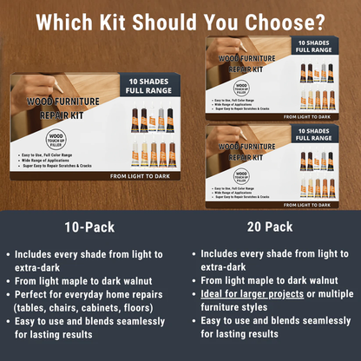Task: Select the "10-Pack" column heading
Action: point(88,228)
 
